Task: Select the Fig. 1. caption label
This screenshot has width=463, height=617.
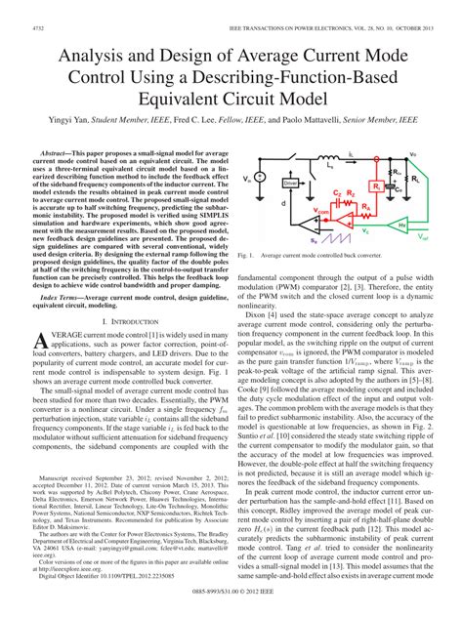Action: [247, 256]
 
